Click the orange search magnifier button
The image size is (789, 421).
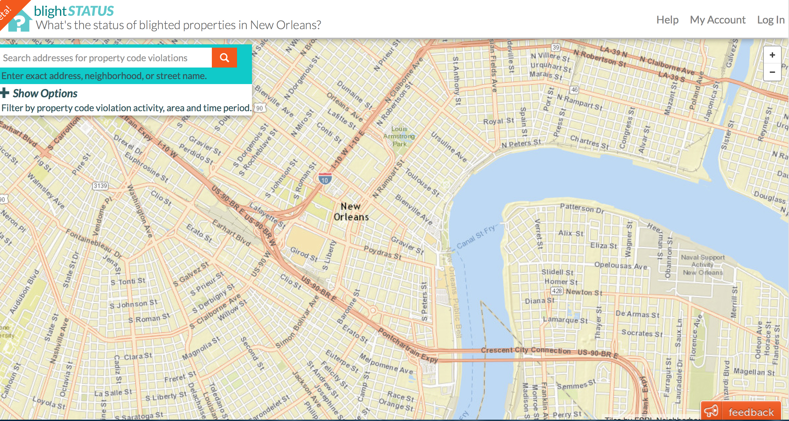coord(224,58)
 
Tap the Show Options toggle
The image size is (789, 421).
coord(39,93)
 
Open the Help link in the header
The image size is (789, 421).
coord(667,20)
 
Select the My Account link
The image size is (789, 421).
coord(717,20)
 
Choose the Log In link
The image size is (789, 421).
coord(770,20)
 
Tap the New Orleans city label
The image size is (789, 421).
coord(351,212)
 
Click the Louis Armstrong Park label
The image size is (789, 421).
coord(399,136)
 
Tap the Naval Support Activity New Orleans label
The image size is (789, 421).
coord(702,265)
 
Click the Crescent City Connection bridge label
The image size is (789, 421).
coord(525,350)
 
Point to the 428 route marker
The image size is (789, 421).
coord(557,291)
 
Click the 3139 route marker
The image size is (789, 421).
coord(100,186)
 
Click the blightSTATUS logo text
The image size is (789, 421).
coord(74,11)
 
